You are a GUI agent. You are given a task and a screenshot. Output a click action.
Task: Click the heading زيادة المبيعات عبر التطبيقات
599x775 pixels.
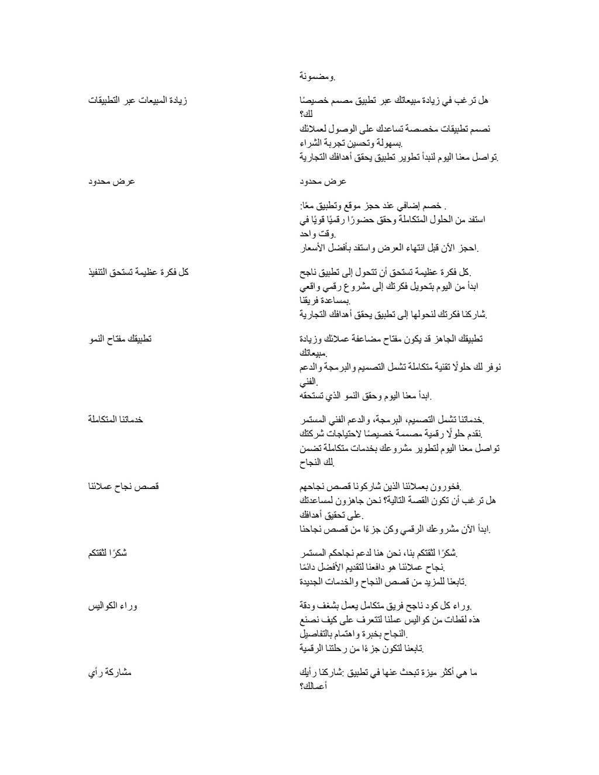tap(138, 101)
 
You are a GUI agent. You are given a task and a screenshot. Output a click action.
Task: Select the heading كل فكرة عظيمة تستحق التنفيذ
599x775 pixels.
tap(138, 272)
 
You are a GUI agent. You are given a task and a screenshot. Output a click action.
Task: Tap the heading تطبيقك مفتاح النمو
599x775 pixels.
tap(120, 339)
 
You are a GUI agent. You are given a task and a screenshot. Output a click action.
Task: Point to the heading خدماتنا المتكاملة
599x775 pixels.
tap(116, 419)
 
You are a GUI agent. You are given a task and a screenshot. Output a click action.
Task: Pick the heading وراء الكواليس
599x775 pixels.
tap(113, 606)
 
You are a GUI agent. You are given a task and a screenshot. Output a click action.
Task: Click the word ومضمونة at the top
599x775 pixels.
tap(316, 77)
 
